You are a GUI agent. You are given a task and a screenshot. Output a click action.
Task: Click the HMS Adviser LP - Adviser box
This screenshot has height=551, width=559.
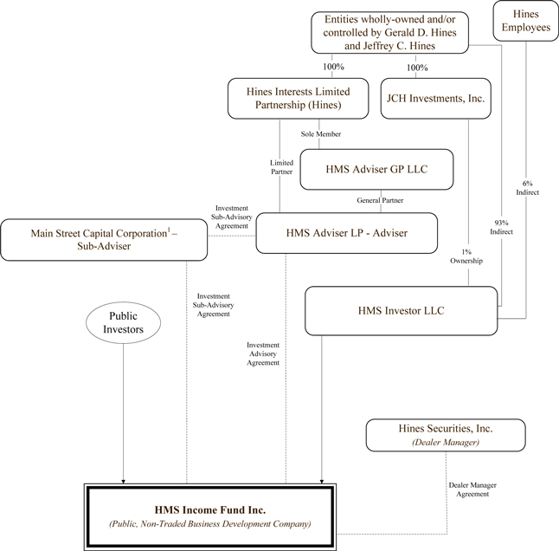pos(346,233)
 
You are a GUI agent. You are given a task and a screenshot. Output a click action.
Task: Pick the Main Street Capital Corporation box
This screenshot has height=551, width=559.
pos(105,240)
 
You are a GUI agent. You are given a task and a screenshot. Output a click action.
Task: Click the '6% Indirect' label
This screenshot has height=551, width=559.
pos(528,187)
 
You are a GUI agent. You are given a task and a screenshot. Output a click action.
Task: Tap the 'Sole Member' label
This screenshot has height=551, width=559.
pos(321,134)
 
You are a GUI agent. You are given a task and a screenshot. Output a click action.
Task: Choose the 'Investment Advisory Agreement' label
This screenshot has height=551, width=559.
pos(263,353)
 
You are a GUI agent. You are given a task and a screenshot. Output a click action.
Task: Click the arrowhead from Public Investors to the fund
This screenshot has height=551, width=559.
pos(123,476)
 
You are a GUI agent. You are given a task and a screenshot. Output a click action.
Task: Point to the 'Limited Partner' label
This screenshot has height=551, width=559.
pos(282,167)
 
